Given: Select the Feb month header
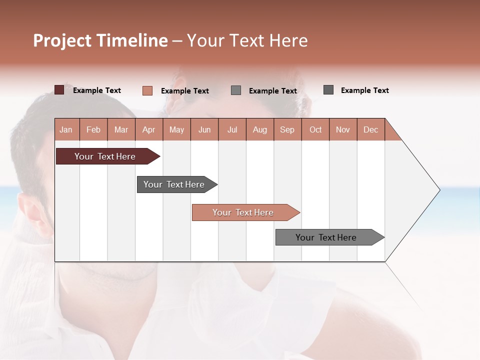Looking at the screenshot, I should pos(93,129).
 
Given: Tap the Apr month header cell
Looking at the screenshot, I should pos(149,129).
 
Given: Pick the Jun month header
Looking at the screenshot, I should pos(204,129).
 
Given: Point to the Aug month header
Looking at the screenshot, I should pos(260,129).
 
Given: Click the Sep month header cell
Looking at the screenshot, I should pos(287,129).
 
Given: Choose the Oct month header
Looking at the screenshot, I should pos(315,129).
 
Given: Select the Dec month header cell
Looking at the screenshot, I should pos(371,129).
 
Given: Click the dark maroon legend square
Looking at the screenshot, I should pos(59,90).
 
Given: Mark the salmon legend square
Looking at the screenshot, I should pos(147,90).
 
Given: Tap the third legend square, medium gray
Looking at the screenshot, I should pos(236,90).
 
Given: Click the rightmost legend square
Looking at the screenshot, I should pos(328,90).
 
